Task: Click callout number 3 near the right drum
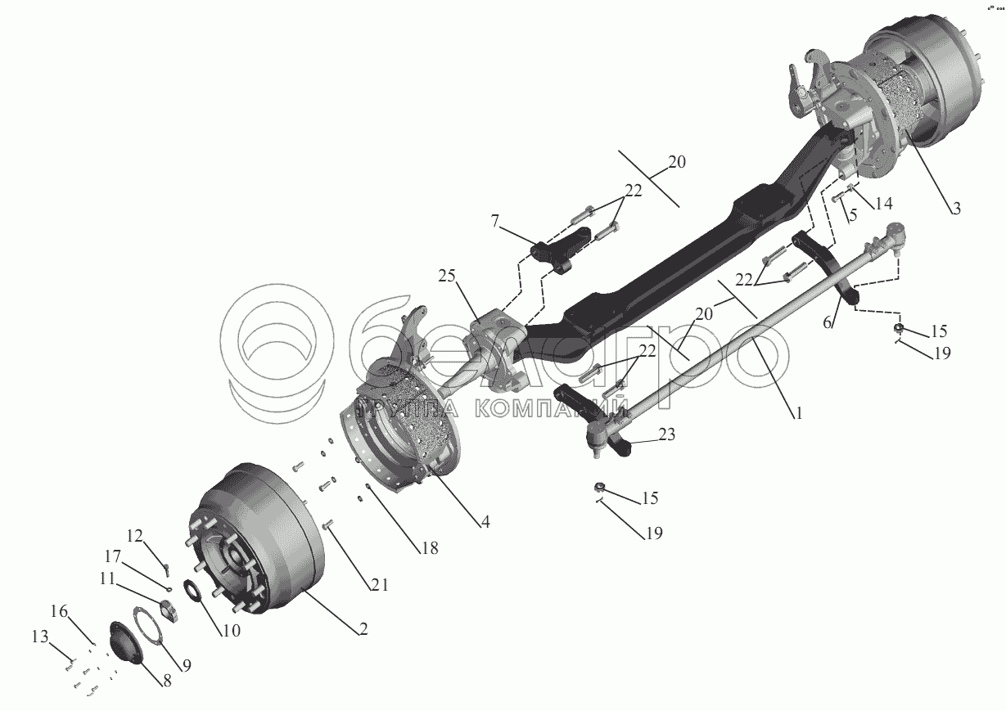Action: click(955, 208)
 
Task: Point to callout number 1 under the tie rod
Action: click(796, 413)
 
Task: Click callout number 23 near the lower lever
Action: click(666, 436)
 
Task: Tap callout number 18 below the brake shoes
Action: click(429, 547)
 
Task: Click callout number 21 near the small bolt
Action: click(379, 584)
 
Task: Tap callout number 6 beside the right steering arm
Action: click(828, 324)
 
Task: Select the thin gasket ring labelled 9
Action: click(149, 630)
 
